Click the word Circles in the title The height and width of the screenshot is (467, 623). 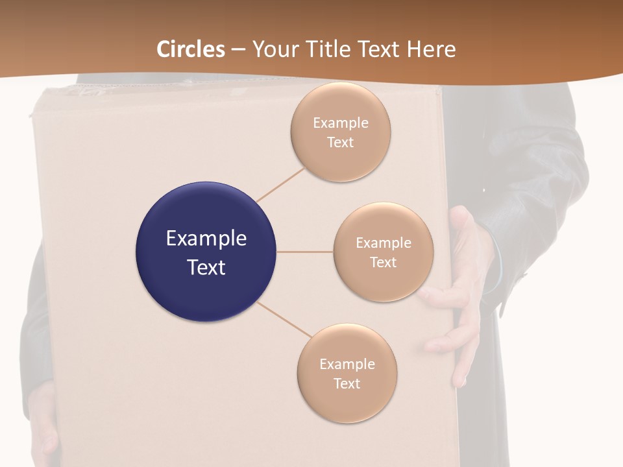pos(191,49)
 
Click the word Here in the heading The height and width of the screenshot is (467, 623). pos(431,49)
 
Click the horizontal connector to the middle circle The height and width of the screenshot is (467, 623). pos(305,252)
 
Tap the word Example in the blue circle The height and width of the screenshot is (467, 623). pos(206,239)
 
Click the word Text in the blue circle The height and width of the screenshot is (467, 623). pos(206,267)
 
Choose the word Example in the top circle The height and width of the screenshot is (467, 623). pos(341,123)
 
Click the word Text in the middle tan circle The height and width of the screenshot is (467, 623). pos(384,263)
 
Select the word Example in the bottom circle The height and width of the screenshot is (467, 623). pos(347,365)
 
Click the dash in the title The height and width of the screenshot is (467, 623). pos(238,50)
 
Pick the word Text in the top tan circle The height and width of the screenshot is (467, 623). pos(341,143)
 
